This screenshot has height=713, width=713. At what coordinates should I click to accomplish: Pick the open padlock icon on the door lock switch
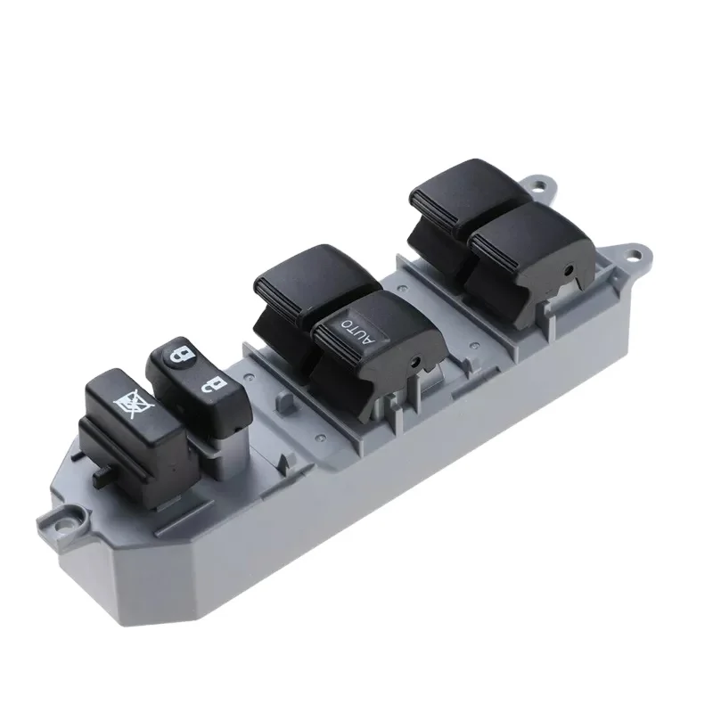point(210,386)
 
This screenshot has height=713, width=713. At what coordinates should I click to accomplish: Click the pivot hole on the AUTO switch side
point(416,363)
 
